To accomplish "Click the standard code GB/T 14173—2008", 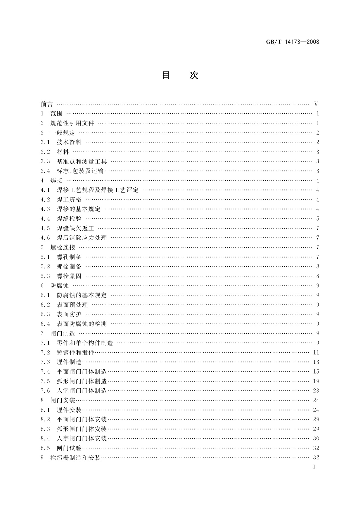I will pyautogui.click(x=292, y=42).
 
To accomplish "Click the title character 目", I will pyautogui.click(x=166, y=75).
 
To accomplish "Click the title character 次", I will pyautogui.click(x=194, y=75).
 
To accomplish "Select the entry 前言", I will pyautogui.click(x=47, y=104).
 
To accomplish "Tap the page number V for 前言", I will pyautogui.click(x=316, y=104).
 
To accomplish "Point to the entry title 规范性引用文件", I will pyautogui.click(x=72, y=123).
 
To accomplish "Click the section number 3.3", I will pyautogui.click(x=45, y=161).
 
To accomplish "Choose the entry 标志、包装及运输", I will pyautogui.click(x=80, y=171).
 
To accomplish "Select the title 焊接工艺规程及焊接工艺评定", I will pyautogui.click(x=98, y=190).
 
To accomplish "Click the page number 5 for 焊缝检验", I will pyautogui.click(x=318, y=219).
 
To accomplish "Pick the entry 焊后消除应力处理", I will pyautogui.click(x=82, y=238).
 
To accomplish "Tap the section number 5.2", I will pyautogui.click(x=45, y=266).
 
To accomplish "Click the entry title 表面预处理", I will pyautogui.click(x=72, y=305).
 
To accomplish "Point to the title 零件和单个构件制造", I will pyautogui.click(x=85, y=343).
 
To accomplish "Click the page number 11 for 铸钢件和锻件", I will pyautogui.click(x=316, y=352).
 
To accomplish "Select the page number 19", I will pyautogui.click(x=316, y=381).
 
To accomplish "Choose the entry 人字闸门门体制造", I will pyautogui.click(x=82, y=391).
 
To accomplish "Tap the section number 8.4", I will pyautogui.click(x=45, y=438).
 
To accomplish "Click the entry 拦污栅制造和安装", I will pyautogui.click(x=75, y=458).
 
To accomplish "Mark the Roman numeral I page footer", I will pyautogui.click(x=315, y=467).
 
